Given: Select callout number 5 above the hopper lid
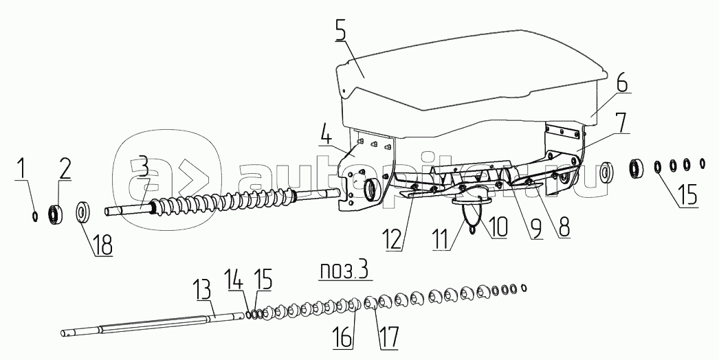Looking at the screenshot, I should (x=341, y=31).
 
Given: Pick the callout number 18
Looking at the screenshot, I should (x=103, y=245).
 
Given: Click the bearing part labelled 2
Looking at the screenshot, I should (x=55, y=214).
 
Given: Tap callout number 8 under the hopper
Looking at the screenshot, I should (x=564, y=226).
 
